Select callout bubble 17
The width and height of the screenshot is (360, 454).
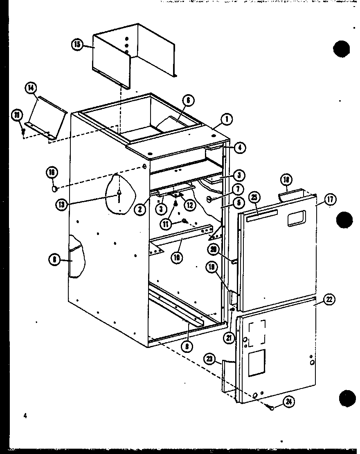(x=330, y=199)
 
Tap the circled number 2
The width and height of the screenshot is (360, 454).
(x=140, y=209)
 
